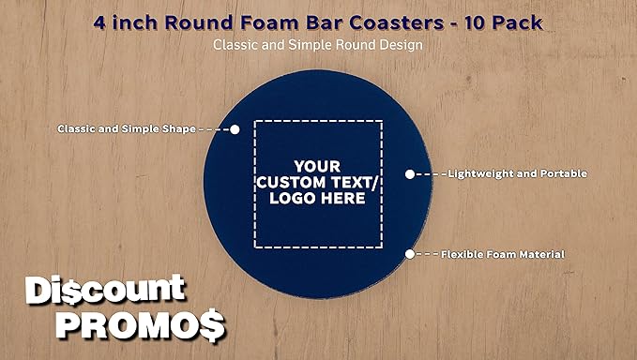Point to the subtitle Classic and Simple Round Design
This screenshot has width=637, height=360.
[x=318, y=43]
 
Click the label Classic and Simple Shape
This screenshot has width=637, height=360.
[x=126, y=128]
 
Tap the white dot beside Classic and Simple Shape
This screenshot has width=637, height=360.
[x=235, y=128]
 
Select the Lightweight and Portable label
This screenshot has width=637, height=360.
[x=517, y=173]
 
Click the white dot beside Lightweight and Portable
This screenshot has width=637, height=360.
[x=409, y=173]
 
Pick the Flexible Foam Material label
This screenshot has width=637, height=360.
[x=502, y=254]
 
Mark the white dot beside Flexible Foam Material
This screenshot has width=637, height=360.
[x=409, y=254]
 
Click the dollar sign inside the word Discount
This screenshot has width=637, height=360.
[x=65, y=292]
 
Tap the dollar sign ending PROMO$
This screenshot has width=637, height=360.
[x=213, y=325]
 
